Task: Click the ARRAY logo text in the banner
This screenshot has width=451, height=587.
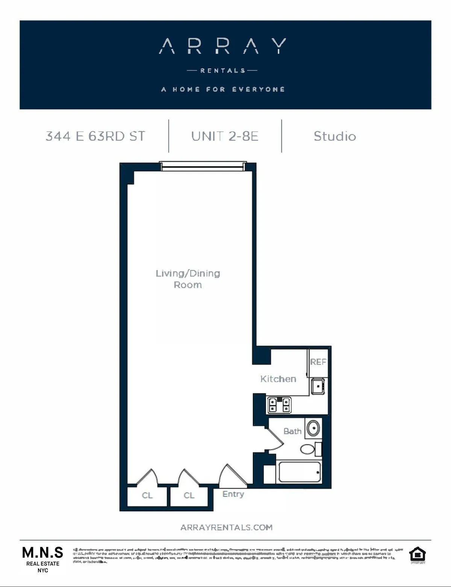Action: pos(222,46)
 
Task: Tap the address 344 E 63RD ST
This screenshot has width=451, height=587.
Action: pos(95,136)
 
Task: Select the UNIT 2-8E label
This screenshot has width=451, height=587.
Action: pos(225,136)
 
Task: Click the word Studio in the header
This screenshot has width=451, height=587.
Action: pos(334,136)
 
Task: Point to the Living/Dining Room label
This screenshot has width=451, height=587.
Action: pos(188,279)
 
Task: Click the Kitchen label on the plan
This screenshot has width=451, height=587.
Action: pos(278,379)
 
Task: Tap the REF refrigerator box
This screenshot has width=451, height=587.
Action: pos(318,362)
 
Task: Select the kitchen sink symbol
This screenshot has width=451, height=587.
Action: pos(318,386)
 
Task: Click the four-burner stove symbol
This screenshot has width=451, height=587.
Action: pos(279,405)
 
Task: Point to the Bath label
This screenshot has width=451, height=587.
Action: pos(292,431)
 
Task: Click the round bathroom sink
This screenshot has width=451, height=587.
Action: pos(313,428)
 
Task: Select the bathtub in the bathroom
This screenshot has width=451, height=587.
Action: pos(300,472)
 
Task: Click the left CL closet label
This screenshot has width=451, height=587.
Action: pos(147,496)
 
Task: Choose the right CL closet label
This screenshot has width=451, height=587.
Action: pos(189,496)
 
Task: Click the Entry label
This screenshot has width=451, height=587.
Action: pos(233,494)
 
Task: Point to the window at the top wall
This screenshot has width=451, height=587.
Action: pos(203,166)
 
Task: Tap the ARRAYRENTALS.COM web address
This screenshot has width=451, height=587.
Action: pos(226,528)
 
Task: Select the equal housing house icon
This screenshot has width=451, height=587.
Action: pos(417,555)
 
